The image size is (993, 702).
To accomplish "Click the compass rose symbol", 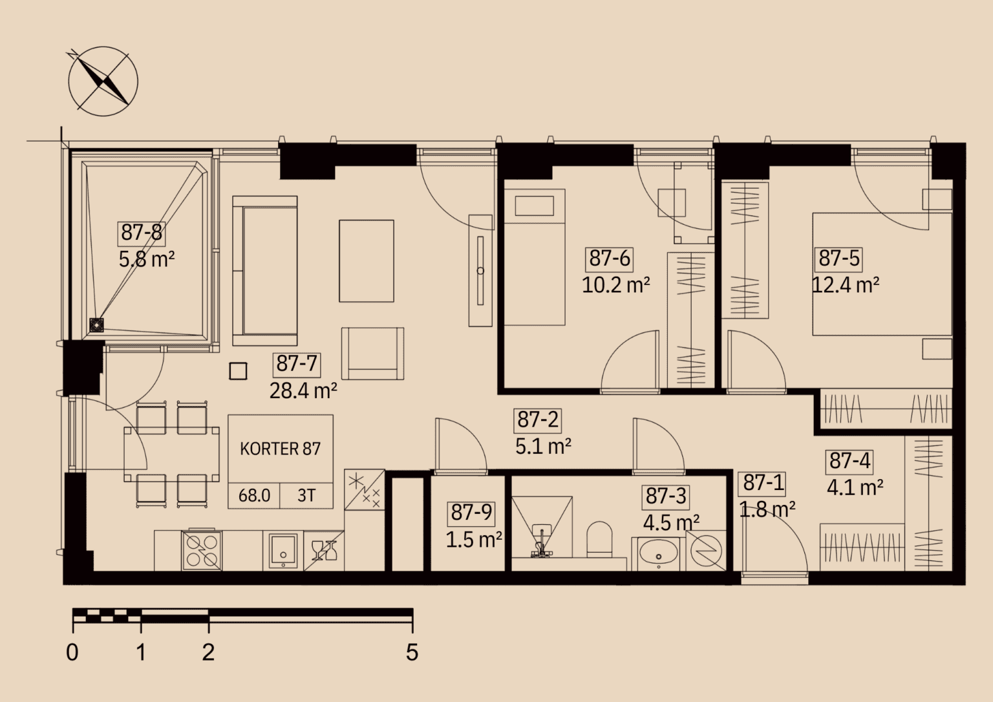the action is [x=103, y=81].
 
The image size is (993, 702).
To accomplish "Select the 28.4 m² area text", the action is [x=303, y=391].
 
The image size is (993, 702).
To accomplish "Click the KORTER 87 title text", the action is [x=280, y=449].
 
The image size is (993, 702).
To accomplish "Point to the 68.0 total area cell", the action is [x=254, y=496].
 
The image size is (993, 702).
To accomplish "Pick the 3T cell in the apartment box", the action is [x=306, y=496].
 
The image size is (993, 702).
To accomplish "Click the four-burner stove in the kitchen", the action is [x=202, y=551].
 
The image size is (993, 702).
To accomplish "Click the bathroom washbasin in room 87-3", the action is [x=658, y=554].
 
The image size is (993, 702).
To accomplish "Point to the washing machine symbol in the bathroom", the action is [x=706, y=551].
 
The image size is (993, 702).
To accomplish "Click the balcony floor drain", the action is [x=96, y=325].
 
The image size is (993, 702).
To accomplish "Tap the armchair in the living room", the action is [x=372, y=353].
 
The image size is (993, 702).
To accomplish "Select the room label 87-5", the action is [x=838, y=259].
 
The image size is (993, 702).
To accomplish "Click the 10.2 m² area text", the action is [x=615, y=285].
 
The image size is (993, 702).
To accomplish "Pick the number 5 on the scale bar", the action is [x=412, y=652].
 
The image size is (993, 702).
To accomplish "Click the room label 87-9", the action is [x=471, y=513].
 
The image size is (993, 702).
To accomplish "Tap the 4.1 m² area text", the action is [x=855, y=487].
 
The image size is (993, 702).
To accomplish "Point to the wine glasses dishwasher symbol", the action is [x=324, y=551].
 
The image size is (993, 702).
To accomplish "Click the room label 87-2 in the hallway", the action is [x=537, y=420].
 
